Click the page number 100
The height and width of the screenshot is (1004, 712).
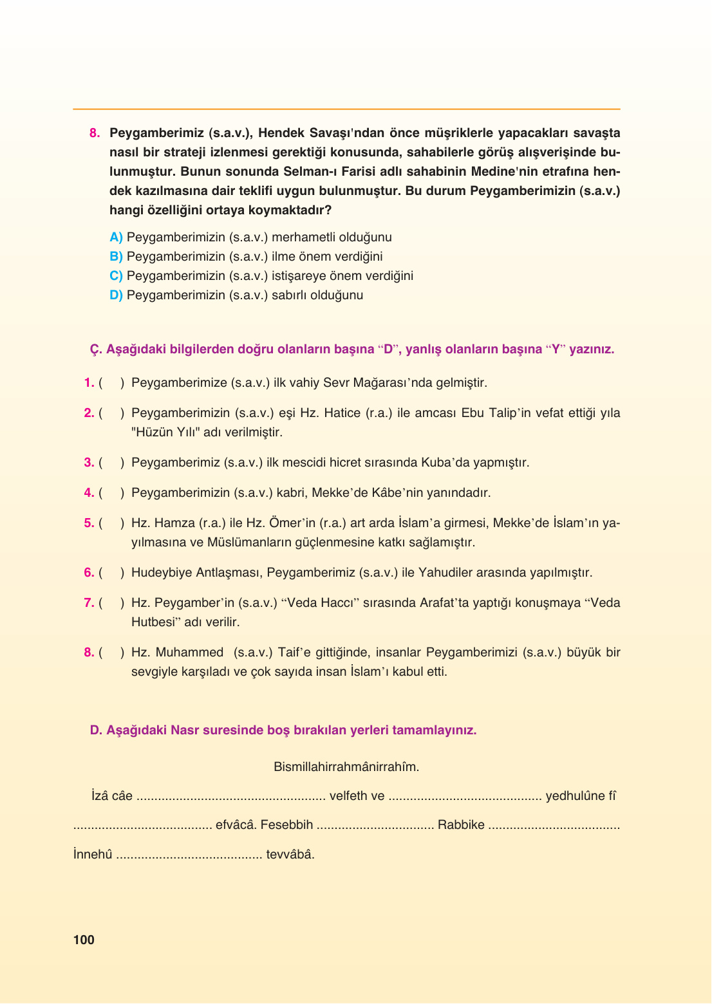(84, 940)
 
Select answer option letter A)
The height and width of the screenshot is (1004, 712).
(116, 237)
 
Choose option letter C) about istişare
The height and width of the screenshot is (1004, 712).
(116, 275)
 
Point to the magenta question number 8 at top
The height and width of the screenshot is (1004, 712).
(95, 133)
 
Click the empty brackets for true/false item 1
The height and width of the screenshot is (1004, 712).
(111, 383)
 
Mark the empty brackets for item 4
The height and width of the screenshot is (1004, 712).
(111, 493)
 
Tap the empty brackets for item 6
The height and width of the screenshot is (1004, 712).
(111, 573)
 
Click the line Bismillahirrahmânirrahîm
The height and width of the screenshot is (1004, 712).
(346, 767)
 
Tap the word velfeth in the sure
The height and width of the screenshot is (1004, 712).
(348, 796)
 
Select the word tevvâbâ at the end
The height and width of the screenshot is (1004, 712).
(290, 855)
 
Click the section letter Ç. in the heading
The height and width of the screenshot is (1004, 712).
(96, 349)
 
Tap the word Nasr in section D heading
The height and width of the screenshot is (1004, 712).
(185, 730)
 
